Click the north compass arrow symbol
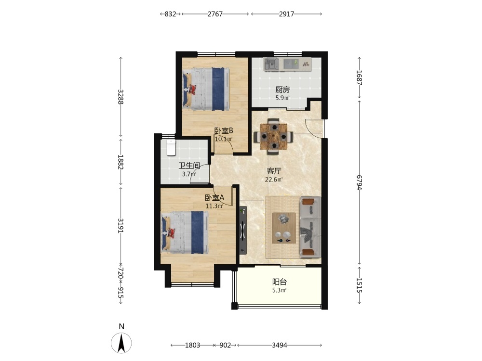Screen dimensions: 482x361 tap(121, 342)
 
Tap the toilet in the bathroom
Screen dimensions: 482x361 tap(171, 147)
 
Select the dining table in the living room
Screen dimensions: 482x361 tap(274, 137)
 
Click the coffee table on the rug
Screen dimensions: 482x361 tap(284, 228)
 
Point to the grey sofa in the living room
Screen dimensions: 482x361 tap(310, 227)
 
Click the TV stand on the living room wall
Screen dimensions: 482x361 tap(243, 230)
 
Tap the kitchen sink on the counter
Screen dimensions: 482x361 tap(271, 64)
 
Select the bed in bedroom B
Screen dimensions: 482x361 tap(206, 89)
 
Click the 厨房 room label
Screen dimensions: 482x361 tap(282, 90)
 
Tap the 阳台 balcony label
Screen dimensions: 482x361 tap(280, 282)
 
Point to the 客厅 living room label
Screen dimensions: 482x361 tap(274, 171)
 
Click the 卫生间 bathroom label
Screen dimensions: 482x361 tap(189, 166)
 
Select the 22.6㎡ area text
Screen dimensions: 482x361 tap(274, 179)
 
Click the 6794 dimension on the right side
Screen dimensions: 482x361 tap(359, 182)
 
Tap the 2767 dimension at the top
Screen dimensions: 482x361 tap(215, 14)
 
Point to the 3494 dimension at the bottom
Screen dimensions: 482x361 tap(280, 345)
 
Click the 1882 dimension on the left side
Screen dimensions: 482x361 tap(120, 162)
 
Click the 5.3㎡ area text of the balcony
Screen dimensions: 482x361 tap(280, 290)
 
